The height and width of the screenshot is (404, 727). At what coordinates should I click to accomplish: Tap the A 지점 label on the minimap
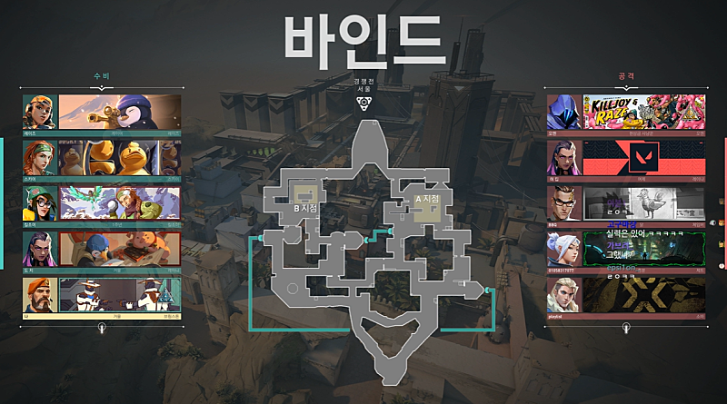[x=426, y=199]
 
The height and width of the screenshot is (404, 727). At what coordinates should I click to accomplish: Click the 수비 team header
[x=102, y=77]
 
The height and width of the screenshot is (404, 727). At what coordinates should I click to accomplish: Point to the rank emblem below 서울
[x=363, y=103]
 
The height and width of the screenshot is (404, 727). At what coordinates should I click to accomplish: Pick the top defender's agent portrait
[x=40, y=112]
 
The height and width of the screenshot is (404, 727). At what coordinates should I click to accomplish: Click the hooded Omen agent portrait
[x=563, y=112]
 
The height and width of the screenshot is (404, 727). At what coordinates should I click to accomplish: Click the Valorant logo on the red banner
[x=642, y=157]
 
